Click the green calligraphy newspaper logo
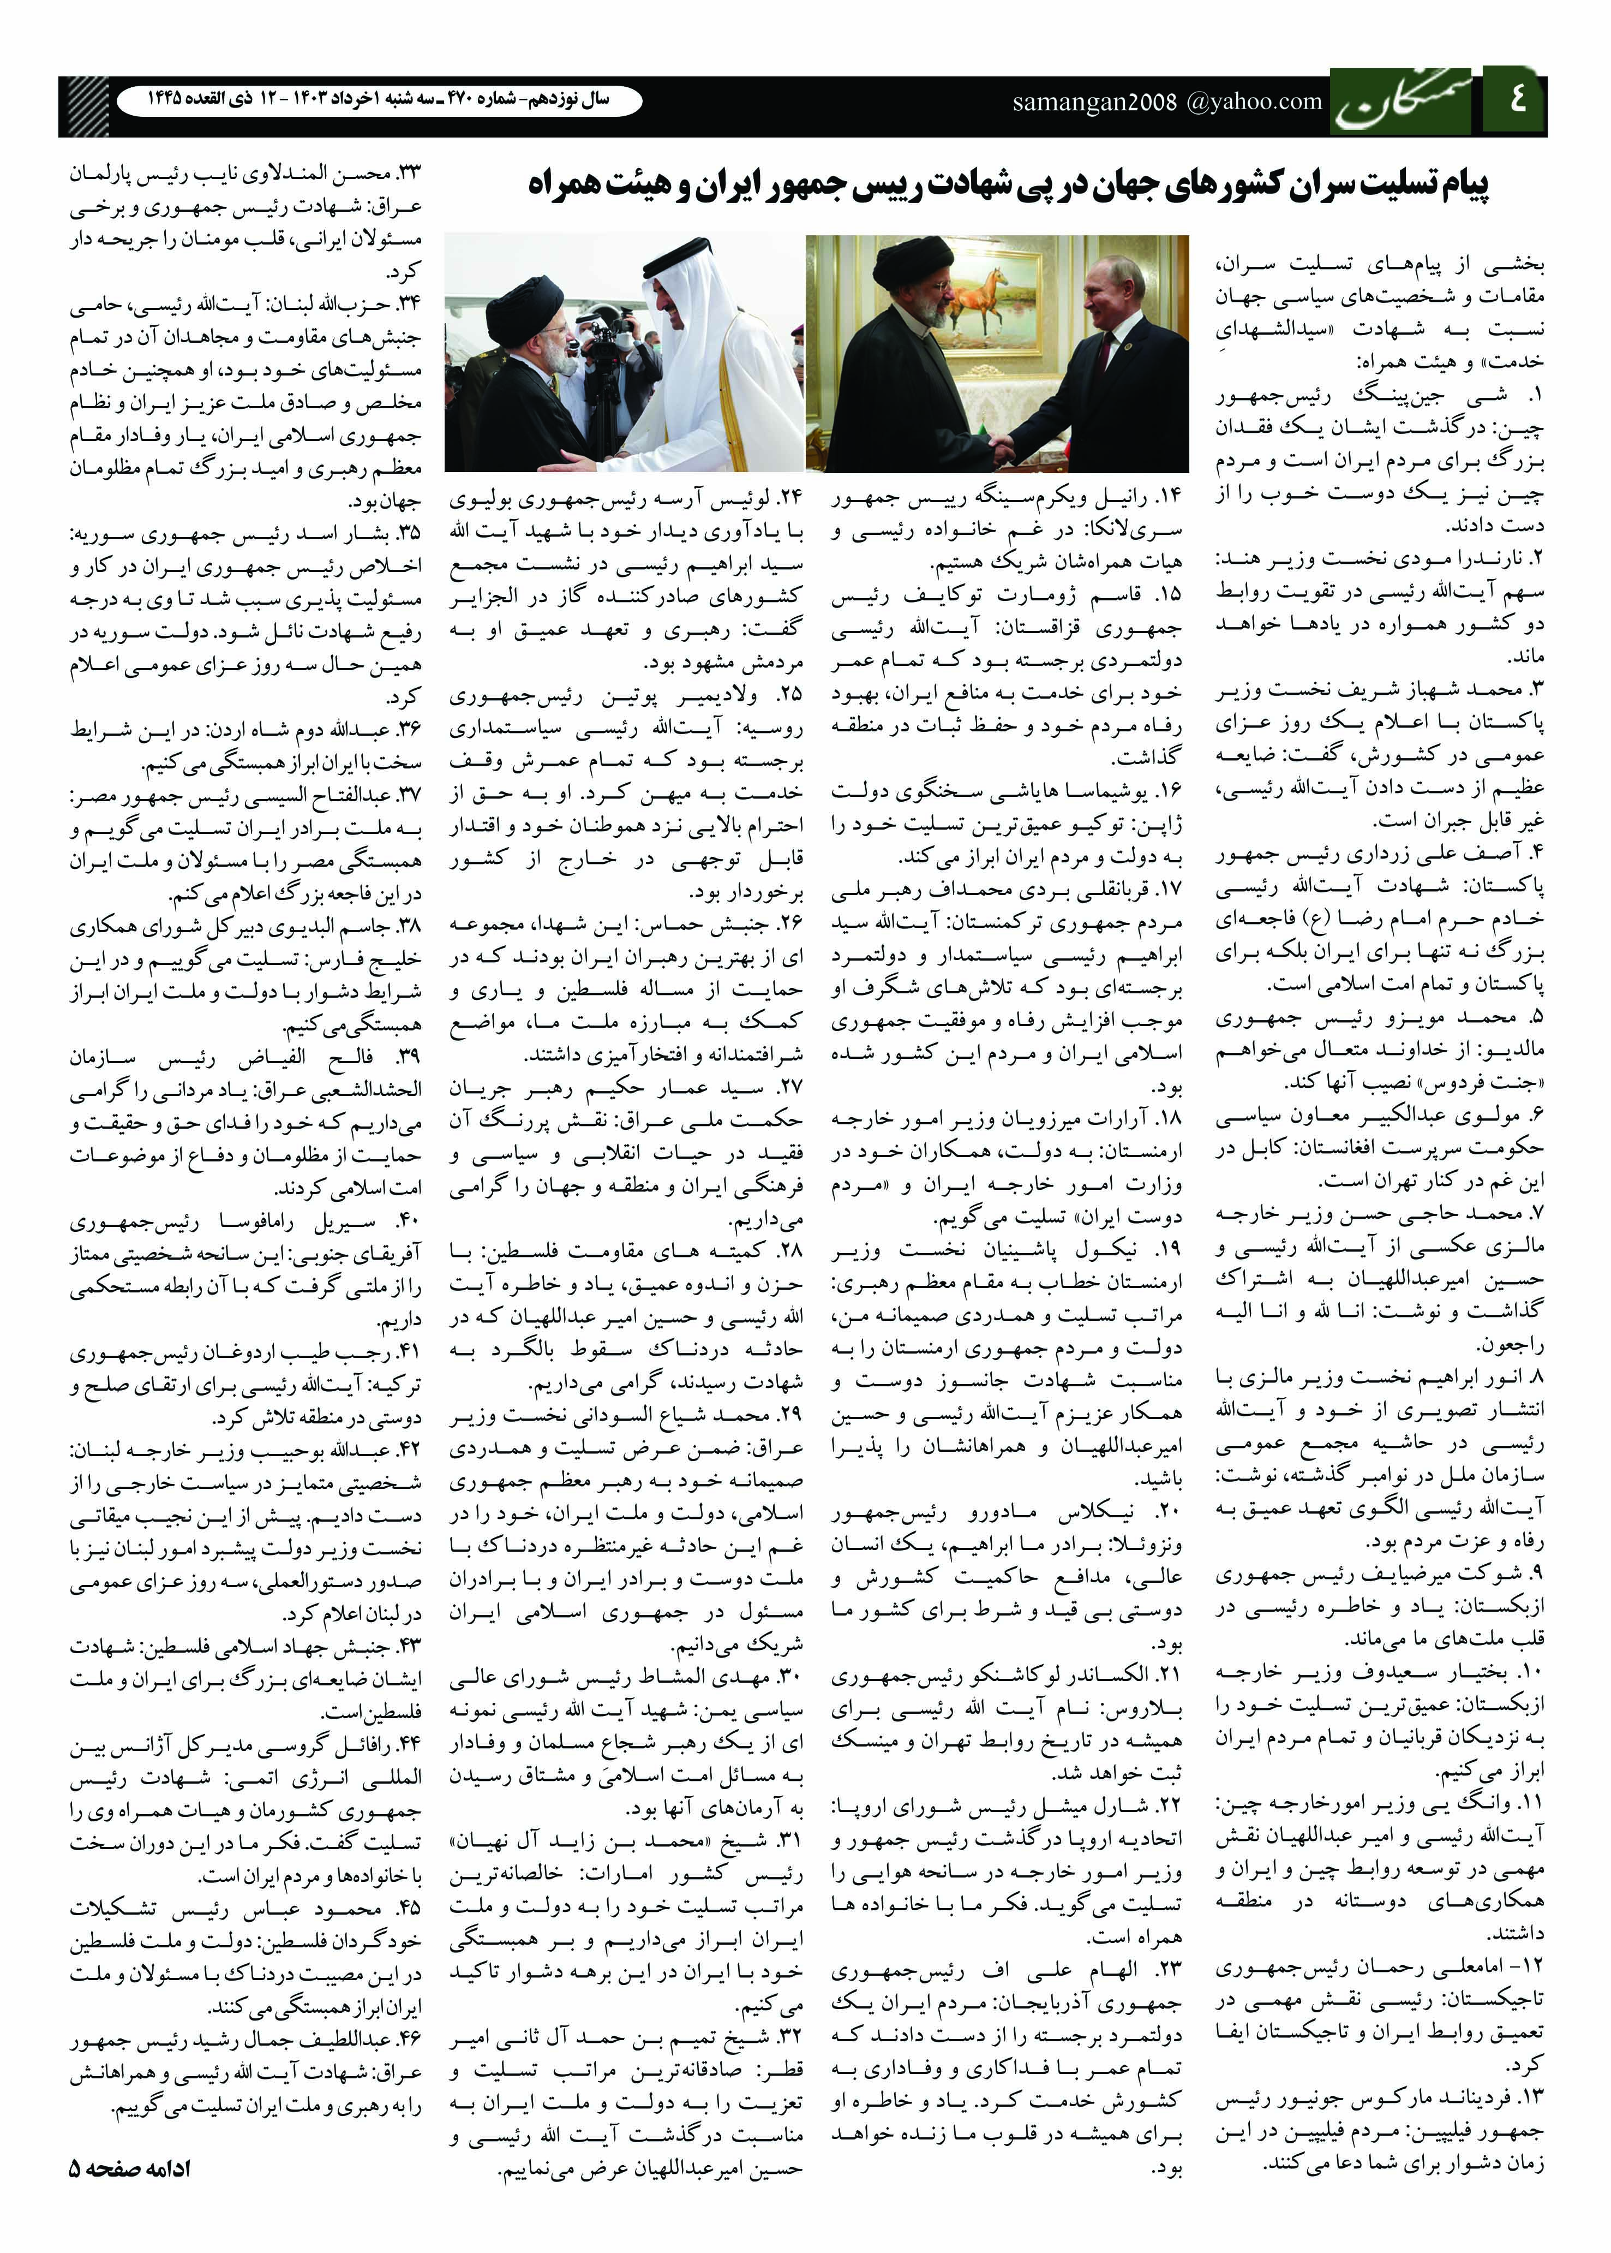[1404, 102]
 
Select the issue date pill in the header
[378, 100]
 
